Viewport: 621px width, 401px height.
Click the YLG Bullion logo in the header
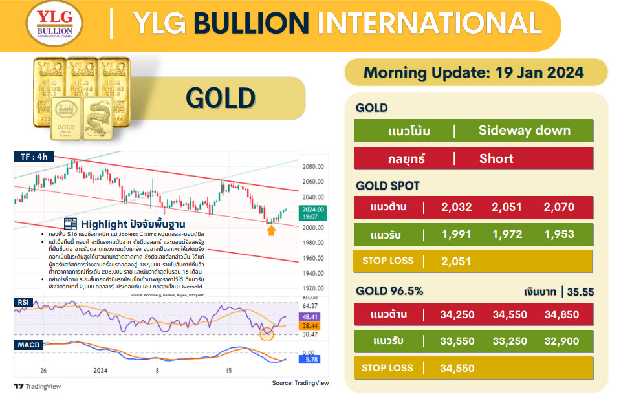[x=54, y=27]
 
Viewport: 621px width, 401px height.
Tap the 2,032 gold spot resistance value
[x=457, y=208]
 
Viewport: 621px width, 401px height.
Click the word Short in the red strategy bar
[x=496, y=158]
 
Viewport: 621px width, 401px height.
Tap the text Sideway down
[x=524, y=130]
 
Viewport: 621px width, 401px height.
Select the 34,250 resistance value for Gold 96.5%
[x=457, y=315]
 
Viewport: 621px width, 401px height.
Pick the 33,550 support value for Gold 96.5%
[x=457, y=341]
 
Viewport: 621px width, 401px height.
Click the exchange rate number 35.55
[x=580, y=292]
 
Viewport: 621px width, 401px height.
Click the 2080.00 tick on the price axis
[x=312, y=166]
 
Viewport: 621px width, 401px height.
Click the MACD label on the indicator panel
[x=28, y=345]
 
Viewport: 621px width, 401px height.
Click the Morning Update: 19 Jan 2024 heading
[x=474, y=72]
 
